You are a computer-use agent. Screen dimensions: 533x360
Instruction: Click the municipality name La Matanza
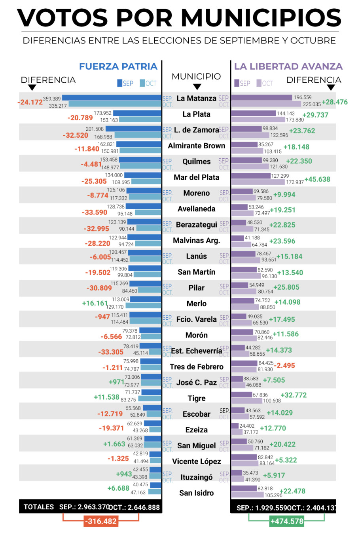pos(196,99)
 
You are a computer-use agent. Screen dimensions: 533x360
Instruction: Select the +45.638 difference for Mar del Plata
pos(317,179)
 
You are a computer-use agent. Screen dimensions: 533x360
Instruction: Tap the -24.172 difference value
pos(30,102)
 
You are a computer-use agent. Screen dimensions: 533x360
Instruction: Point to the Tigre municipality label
pos(197,398)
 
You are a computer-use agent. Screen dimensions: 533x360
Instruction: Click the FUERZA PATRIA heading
pos(118,66)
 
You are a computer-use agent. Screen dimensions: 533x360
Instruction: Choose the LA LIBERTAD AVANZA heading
pos(288,66)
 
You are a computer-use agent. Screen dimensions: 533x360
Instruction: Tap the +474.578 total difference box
pos(287,521)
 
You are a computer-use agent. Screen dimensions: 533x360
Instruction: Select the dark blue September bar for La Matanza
pos(112,98)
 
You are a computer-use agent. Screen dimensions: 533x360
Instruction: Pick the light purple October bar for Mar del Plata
pos(258,182)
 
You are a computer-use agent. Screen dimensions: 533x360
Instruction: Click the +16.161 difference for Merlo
pos(95,303)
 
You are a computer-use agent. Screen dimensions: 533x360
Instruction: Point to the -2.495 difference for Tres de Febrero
pos(284,366)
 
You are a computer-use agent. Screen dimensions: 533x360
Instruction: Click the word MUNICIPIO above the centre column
pos(196,76)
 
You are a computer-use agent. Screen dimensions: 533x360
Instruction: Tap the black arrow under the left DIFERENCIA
pos(32,87)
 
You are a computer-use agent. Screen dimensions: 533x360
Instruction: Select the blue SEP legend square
pos(119,83)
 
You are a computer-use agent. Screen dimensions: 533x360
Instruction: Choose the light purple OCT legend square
pos(259,83)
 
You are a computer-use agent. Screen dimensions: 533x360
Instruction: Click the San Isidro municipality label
pos(197,493)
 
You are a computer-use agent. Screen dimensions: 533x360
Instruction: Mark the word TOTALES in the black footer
pos(39,507)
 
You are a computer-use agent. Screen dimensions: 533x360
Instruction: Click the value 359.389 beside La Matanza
pos(52,99)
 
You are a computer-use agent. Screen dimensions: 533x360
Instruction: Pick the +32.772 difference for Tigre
pos(294,395)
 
